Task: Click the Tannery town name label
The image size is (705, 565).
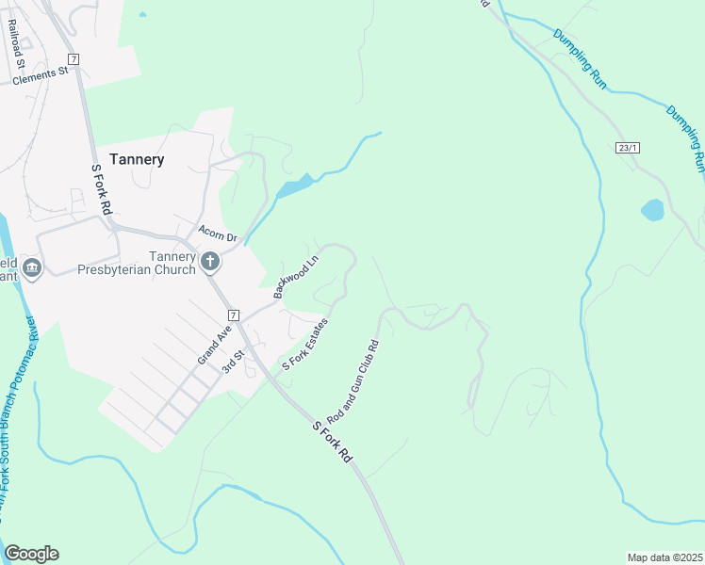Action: [x=137, y=159]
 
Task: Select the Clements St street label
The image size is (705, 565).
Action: [x=41, y=74]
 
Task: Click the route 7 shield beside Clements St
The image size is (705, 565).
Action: [x=74, y=59]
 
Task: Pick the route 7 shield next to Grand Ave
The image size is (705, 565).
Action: [x=234, y=315]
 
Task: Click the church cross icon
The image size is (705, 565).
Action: [x=210, y=261]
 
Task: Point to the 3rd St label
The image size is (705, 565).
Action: [x=233, y=361]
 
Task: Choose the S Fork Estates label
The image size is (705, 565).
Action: [x=305, y=345]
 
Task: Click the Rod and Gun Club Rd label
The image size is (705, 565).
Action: [x=352, y=380]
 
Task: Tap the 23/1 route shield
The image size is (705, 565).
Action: [x=628, y=148]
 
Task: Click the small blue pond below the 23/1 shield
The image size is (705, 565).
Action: [x=652, y=210]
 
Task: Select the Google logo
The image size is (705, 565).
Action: [x=31, y=554]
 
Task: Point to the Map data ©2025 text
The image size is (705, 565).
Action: [x=664, y=557]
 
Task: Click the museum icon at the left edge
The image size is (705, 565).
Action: [x=31, y=270]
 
